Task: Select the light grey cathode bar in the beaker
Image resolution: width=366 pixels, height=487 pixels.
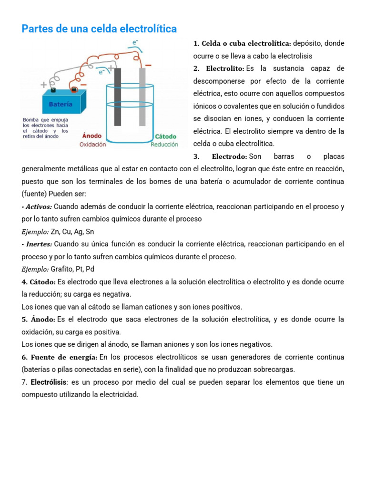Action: point(142,97)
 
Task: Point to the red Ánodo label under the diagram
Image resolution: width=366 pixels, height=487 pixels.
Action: point(92,136)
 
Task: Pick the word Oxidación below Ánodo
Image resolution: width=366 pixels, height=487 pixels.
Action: point(92,145)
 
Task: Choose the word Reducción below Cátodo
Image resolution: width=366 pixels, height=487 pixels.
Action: point(164,145)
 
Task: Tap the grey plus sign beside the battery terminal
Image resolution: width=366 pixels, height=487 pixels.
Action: point(44,85)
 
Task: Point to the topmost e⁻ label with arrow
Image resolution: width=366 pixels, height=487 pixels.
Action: point(135,43)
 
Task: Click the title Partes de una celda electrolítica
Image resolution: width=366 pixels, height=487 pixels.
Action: point(99,29)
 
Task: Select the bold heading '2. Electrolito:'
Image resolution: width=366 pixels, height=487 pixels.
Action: point(219,68)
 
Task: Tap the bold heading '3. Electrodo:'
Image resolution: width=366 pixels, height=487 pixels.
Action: point(220,156)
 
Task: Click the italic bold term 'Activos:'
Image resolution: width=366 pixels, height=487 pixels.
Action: point(38,207)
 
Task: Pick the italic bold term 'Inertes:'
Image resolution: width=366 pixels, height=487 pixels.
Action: point(38,244)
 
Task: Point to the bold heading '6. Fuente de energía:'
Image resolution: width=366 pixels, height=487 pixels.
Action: point(60,357)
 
